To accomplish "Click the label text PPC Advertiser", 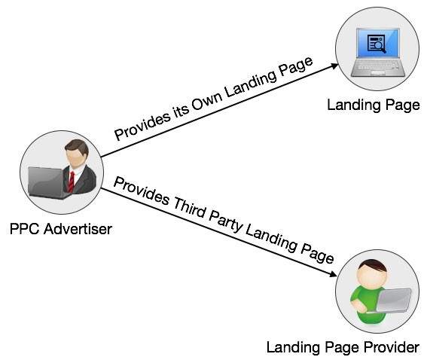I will pyautogui.click(x=61, y=228).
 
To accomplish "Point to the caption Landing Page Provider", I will pyautogui.click(x=342, y=347).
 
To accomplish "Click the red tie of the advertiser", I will pyautogui.click(x=72, y=180).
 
